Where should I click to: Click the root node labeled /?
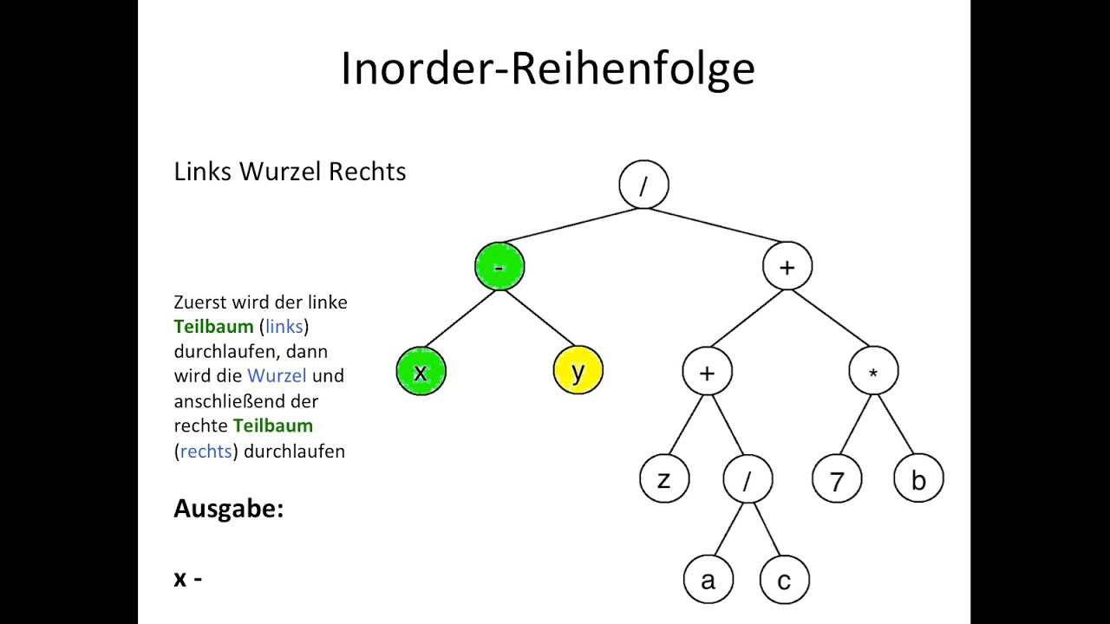tap(643, 185)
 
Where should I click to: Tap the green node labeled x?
tap(421, 371)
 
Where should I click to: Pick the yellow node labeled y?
tap(578, 370)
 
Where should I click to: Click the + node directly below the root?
tap(787, 266)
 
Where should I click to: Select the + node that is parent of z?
tap(707, 372)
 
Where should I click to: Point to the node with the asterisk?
tap(873, 372)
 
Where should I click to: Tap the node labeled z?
tap(664, 478)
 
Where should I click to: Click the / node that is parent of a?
tap(748, 478)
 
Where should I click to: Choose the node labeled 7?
tap(837, 478)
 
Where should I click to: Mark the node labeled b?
tap(918, 478)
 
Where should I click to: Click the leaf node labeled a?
tap(708, 580)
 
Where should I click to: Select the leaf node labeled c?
tap(784, 580)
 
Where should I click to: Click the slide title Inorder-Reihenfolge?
tap(547, 68)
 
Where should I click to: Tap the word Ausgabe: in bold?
tap(228, 509)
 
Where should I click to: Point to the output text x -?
tap(187, 578)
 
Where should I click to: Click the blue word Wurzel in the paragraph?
tap(277, 376)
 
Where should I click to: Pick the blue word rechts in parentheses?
tap(206, 452)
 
